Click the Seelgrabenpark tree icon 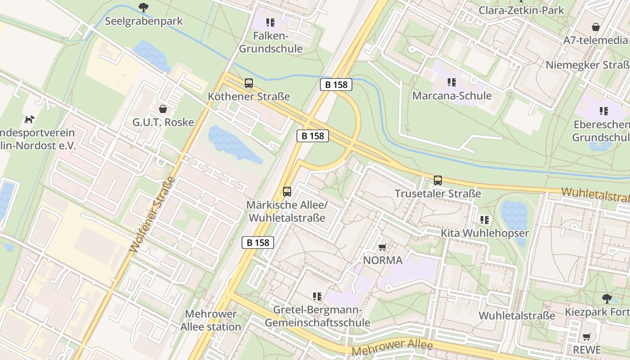pyautogui.click(x=144, y=7)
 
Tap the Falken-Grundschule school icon pyautogui.click(x=270, y=22)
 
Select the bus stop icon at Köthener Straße pyautogui.click(x=249, y=83)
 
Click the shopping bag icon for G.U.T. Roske pyautogui.click(x=163, y=109)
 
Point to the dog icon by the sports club pyautogui.click(x=29, y=120)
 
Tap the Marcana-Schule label pyautogui.click(x=452, y=96)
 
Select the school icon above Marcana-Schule pyautogui.click(x=452, y=82)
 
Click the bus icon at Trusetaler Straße pyautogui.click(x=438, y=180)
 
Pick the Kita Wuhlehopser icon pyautogui.click(x=485, y=220)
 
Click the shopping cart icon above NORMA pyautogui.click(x=382, y=247)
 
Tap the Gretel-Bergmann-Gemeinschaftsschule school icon pyautogui.click(x=317, y=297)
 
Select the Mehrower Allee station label pyautogui.click(x=211, y=320)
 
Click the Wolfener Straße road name pyautogui.click(x=152, y=214)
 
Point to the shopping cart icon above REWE pyautogui.click(x=587, y=337)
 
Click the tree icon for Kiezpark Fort pyautogui.click(x=607, y=298)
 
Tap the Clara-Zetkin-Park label pyautogui.click(x=521, y=10)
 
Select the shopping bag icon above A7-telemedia pyautogui.click(x=596, y=27)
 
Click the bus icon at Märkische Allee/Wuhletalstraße pyautogui.click(x=287, y=192)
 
